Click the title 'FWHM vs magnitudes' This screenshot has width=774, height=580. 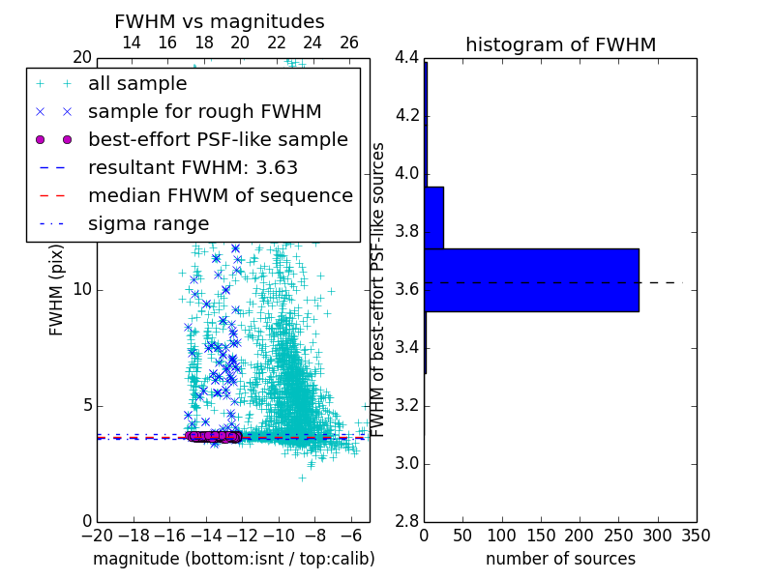tap(220, 22)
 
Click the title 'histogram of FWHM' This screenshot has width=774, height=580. tap(560, 44)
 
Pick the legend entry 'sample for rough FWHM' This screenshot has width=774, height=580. tap(204, 112)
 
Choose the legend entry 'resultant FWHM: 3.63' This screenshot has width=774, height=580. tap(193, 167)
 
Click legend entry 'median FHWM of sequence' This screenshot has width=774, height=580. tap(220, 195)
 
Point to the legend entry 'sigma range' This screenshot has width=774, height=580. tap(148, 223)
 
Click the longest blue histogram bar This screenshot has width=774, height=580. tap(531, 280)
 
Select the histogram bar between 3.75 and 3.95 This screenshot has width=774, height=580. tap(433, 217)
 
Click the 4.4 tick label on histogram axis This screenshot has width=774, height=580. tap(406, 58)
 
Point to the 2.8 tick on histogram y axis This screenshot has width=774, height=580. tap(406, 522)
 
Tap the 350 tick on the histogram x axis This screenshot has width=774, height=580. tap(697, 536)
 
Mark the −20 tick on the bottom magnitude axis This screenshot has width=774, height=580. tap(97, 536)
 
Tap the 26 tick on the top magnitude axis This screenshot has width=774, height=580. tap(349, 43)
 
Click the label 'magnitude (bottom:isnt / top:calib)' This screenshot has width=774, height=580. tap(233, 559)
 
